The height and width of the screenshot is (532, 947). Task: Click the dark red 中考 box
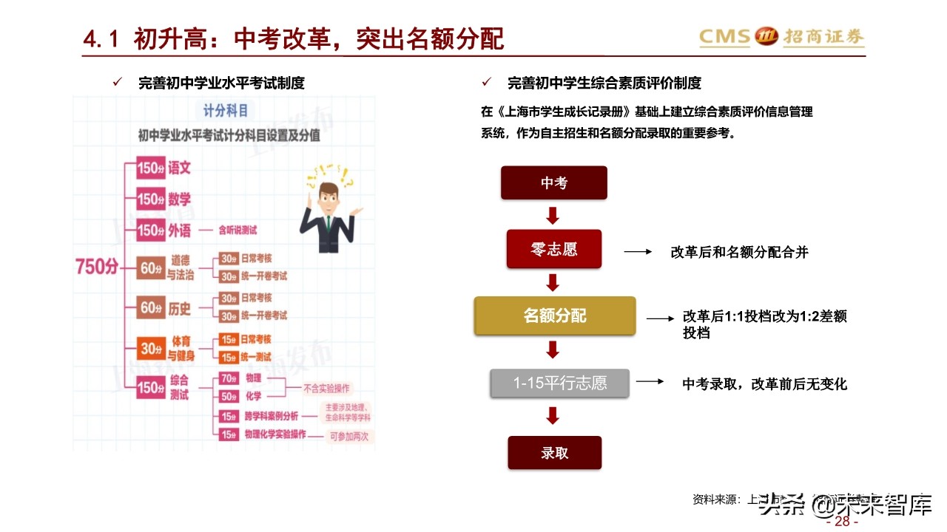coord(553,183)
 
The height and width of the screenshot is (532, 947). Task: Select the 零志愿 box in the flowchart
coord(554,249)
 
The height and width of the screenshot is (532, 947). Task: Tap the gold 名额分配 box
coord(554,316)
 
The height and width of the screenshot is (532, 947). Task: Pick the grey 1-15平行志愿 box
coord(560,383)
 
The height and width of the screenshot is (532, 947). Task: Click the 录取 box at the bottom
coord(554,452)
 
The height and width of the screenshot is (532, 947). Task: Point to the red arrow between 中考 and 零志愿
coord(553,216)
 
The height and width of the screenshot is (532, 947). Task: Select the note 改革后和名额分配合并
coord(739,252)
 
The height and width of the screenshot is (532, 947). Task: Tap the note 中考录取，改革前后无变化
coord(764,384)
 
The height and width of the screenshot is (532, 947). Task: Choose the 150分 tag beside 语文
coord(150,168)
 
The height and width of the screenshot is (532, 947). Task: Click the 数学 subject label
coord(179,199)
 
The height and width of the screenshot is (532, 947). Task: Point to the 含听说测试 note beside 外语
coord(237,231)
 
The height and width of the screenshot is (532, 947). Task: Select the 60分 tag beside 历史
coord(151,307)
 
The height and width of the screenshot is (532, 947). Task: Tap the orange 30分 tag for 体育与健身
coord(151,348)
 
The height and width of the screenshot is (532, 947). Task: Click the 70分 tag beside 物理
coord(228,378)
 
